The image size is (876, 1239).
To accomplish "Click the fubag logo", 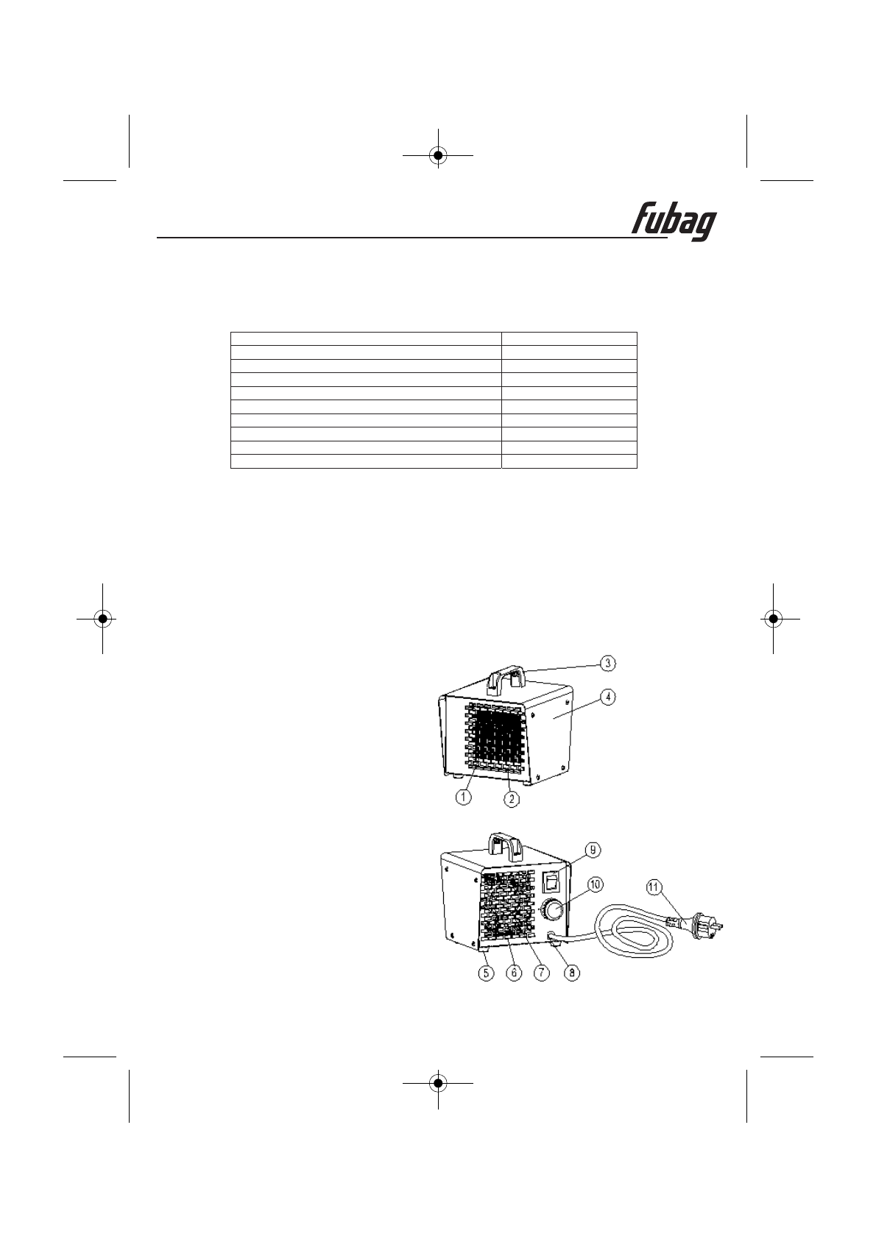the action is (x=674, y=223).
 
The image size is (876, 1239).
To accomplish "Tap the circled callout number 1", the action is (x=464, y=797).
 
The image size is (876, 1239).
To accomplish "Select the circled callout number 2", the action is (x=512, y=798).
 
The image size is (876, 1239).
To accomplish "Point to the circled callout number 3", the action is (x=607, y=663).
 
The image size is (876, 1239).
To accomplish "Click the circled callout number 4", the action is (x=607, y=697).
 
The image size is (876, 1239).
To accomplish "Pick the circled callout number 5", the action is (x=486, y=973).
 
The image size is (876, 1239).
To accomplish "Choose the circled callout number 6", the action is (x=514, y=973).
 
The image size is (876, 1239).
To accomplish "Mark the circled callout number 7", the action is (x=541, y=973).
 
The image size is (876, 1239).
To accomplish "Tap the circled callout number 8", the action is (x=572, y=973).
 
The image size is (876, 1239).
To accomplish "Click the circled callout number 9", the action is (x=593, y=850).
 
